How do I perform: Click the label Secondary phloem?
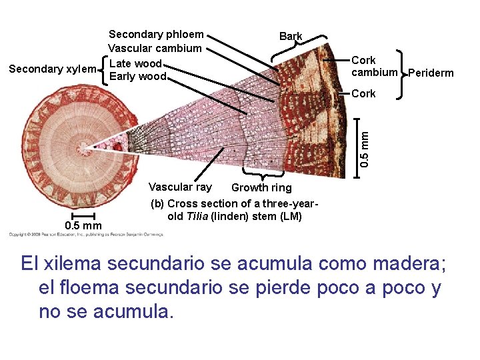point(156,34)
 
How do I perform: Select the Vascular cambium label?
point(155,48)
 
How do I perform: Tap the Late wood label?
point(135,63)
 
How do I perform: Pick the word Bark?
point(291,37)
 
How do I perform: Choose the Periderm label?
point(431,73)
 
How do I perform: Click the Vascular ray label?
point(180,187)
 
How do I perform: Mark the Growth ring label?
point(261,188)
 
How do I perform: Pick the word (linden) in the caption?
point(233,217)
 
